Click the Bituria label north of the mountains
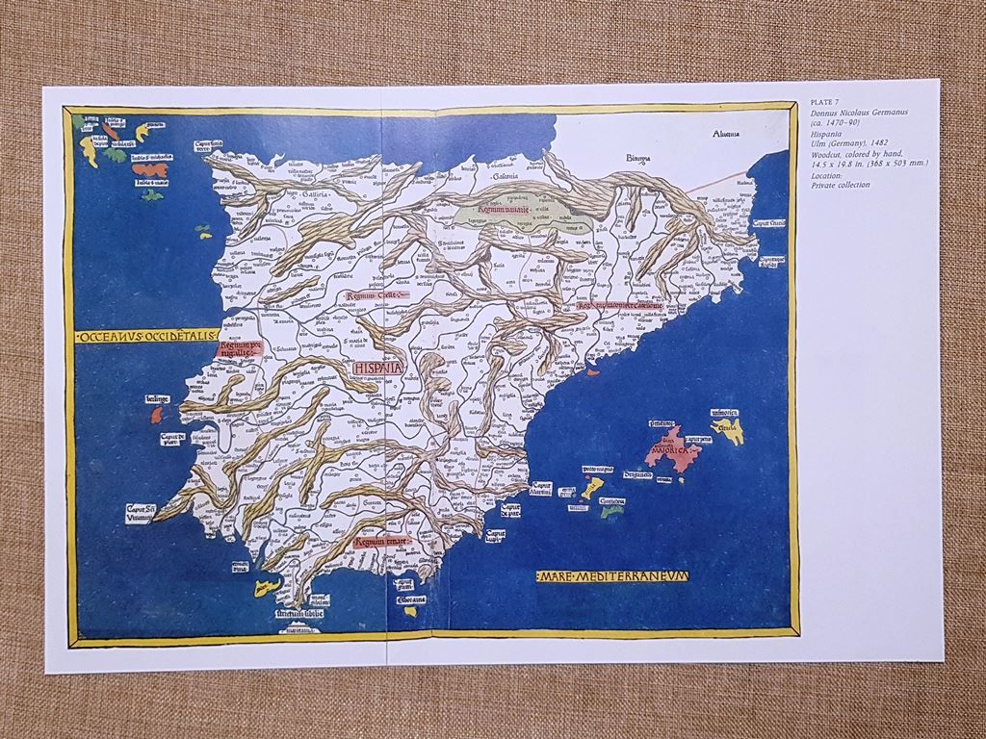pos(616,158)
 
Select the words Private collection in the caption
pos(842,184)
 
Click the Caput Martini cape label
pos(542,488)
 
